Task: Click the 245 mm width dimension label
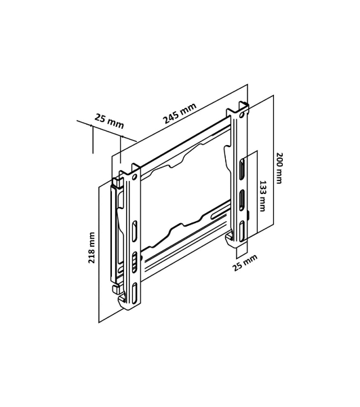(x=180, y=113)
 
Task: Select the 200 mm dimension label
(x=279, y=168)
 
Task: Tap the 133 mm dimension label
(x=262, y=196)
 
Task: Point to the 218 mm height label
(x=92, y=248)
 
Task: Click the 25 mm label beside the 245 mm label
(x=109, y=121)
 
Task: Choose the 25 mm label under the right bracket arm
(x=245, y=263)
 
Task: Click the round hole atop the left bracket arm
(x=134, y=177)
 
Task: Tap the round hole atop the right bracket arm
(x=242, y=115)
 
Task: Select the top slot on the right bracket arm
(x=242, y=168)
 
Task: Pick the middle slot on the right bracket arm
(x=242, y=200)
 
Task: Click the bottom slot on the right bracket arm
(x=242, y=231)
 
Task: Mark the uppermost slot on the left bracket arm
(x=134, y=231)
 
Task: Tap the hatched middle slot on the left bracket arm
(x=134, y=262)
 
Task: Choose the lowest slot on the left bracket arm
(x=134, y=293)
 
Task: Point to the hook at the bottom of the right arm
(x=229, y=239)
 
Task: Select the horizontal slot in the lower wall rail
(x=220, y=215)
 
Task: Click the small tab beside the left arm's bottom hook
(x=116, y=289)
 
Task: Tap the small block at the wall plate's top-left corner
(x=117, y=182)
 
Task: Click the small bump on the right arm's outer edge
(x=248, y=215)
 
